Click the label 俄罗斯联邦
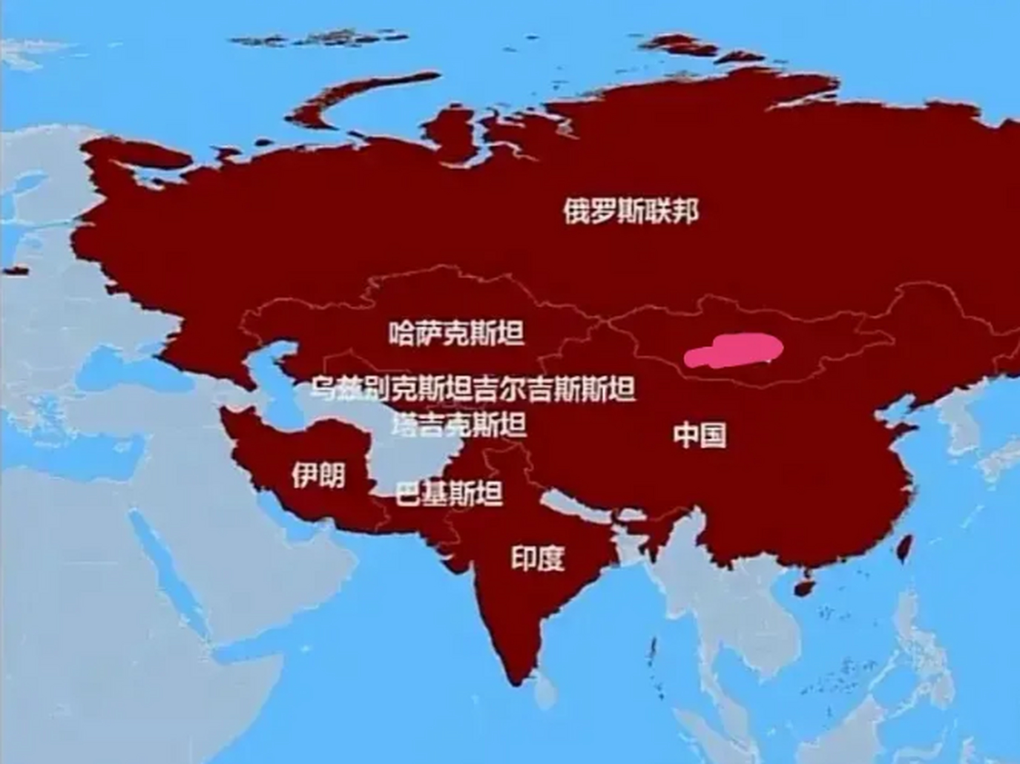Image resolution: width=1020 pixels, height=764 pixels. (630, 211)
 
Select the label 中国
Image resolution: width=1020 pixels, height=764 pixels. (700, 435)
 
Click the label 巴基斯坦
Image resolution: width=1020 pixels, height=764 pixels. (449, 494)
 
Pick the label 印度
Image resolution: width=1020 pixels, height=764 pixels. (538, 558)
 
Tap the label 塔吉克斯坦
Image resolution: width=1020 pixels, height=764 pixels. (460, 424)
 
